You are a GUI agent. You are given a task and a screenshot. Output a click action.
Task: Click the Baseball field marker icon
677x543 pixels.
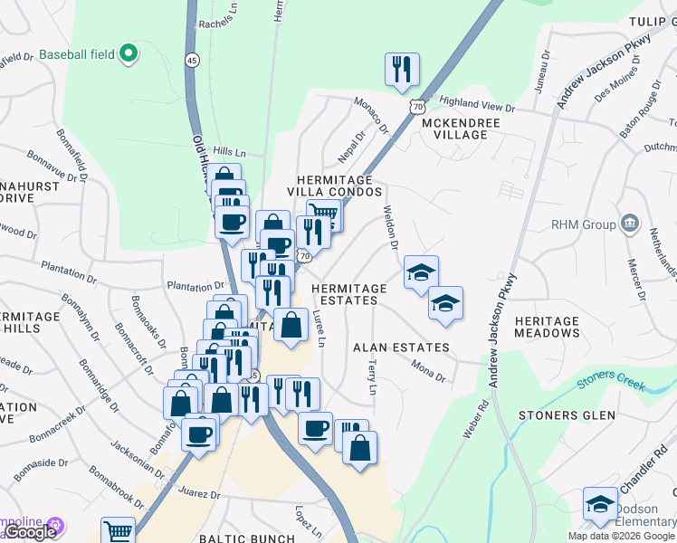tap(129, 54)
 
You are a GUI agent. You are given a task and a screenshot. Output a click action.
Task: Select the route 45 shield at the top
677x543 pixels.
tap(192, 60)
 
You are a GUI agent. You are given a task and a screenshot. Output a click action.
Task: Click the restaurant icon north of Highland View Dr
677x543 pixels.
tap(402, 69)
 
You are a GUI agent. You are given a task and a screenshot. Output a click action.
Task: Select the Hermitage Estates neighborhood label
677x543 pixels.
tap(348, 295)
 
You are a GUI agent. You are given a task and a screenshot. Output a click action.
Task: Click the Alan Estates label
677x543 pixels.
tap(401, 348)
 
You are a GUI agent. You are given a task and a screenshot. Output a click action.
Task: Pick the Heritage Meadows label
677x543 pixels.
tap(547, 327)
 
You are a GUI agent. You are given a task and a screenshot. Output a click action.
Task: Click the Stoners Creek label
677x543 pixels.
tap(612, 385)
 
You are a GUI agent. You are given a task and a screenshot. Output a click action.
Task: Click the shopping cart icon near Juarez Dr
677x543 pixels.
tap(118, 532)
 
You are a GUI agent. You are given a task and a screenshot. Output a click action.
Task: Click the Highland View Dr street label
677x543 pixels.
tap(476, 106)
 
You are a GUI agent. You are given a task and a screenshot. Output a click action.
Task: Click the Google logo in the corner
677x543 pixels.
tap(30, 532)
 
